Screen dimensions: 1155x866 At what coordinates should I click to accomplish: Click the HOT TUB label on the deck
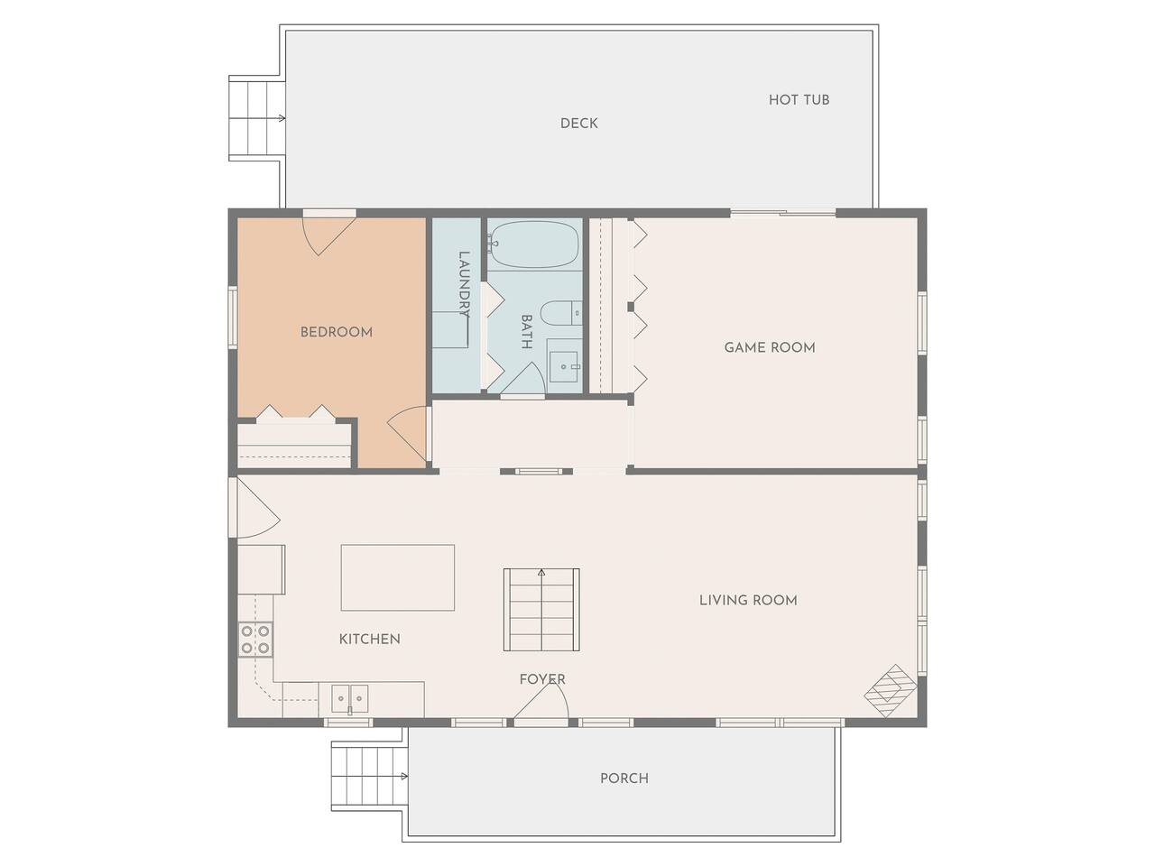[x=799, y=100]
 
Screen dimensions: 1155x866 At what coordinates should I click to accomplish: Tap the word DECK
[x=578, y=124]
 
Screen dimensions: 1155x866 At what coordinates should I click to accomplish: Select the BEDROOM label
[x=337, y=332]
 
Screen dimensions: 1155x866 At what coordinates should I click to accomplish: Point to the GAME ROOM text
[x=770, y=347]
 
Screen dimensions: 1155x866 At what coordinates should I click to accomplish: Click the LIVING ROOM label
[x=748, y=601]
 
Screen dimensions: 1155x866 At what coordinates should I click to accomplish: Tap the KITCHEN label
[x=369, y=640]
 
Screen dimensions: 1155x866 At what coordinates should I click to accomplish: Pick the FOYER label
[x=542, y=680]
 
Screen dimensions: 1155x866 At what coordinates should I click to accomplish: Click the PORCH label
[x=624, y=778]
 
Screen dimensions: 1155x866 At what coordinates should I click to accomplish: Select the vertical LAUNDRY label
[x=464, y=284]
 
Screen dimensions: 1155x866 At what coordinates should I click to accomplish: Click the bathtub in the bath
[x=534, y=244]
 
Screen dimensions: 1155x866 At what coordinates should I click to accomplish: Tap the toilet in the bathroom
[x=561, y=313]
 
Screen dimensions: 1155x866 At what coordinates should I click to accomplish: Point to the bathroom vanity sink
[x=564, y=366]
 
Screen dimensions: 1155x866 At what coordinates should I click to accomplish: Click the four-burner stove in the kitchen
[x=255, y=639]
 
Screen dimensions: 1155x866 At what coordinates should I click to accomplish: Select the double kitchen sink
[x=349, y=698]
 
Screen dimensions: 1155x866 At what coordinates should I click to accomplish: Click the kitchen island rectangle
[x=398, y=577]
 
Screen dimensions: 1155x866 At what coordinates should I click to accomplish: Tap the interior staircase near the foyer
[x=541, y=610]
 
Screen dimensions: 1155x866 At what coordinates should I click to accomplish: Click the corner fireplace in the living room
[x=891, y=691]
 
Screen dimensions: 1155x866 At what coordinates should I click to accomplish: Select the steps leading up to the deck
[x=256, y=118]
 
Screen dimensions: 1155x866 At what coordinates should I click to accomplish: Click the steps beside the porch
[x=368, y=778]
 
